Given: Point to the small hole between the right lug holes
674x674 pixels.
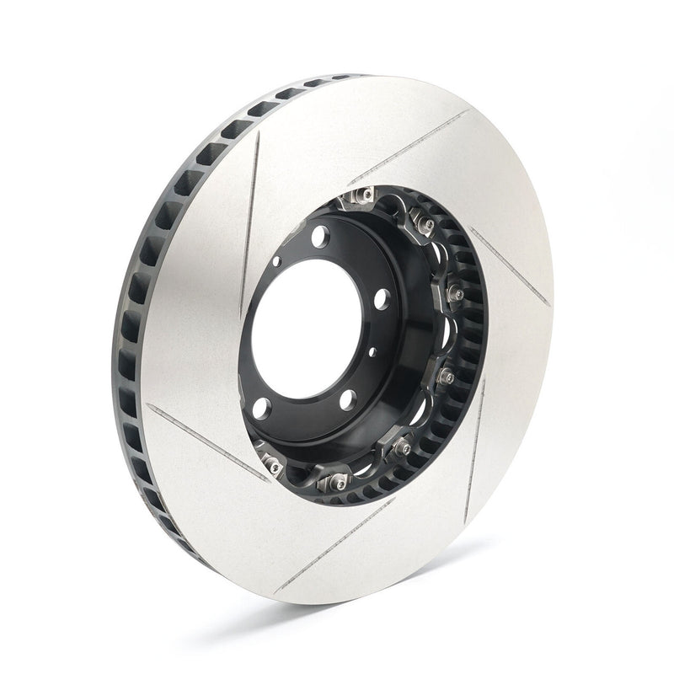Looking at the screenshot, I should tap(370, 353).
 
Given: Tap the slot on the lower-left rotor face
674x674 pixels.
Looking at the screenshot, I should tap(206, 441).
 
